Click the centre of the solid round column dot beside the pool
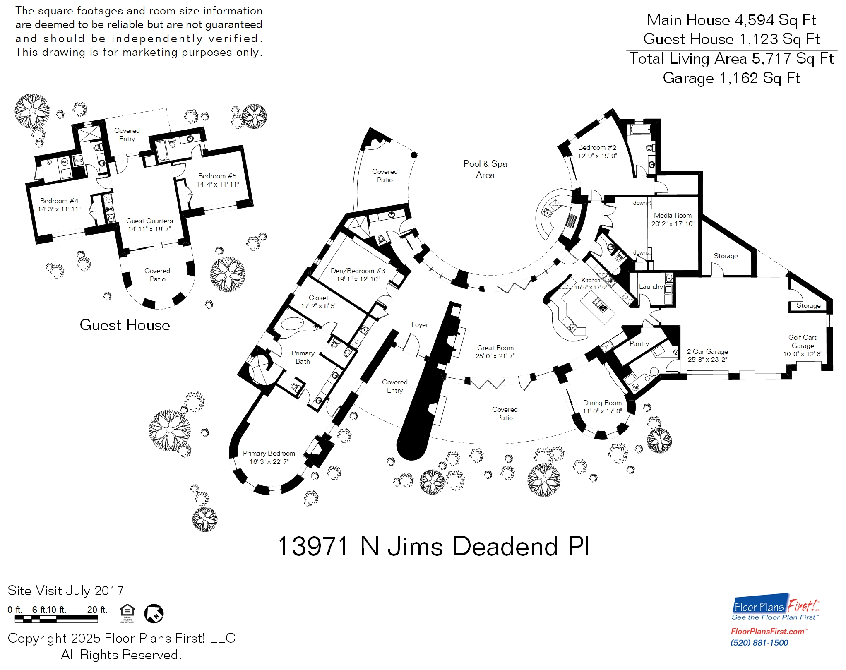tap(414, 155)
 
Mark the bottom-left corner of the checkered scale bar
tap(15, 622)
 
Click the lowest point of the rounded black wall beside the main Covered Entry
tap(411, 460)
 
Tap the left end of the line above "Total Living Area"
tap(627, 49)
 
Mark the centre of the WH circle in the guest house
tap(65, 162)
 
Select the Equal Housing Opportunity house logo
tap(127, 613)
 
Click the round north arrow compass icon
tap(154, 613)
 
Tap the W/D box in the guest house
tap(78, 161)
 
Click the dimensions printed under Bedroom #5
tap(217, 184)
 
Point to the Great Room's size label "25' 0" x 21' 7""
tap(495, 356)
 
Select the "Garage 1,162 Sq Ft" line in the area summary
tap(731, 78)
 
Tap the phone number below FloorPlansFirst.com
tap(759, 643)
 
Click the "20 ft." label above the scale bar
tap(97, 610)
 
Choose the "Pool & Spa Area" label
tap(485, 169)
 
